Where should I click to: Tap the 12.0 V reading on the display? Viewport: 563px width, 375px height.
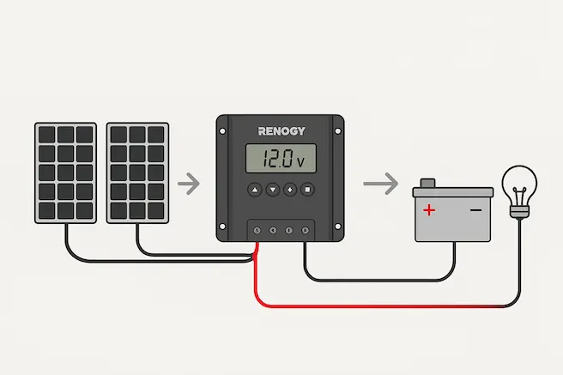[x=280, y=159]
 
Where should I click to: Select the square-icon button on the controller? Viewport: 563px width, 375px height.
[x=306, y=189]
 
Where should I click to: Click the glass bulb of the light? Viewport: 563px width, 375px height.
[x=518, y=183]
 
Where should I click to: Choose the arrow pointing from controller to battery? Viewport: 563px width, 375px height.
[x=380, y=183]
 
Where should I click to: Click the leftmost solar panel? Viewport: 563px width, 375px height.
[x=64, y=172]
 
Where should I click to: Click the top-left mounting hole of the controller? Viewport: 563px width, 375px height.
[x=223, y=124]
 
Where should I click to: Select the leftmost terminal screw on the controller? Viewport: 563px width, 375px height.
[x=257, y=230]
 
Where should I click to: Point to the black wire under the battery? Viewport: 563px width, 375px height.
[x=378, y=280]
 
